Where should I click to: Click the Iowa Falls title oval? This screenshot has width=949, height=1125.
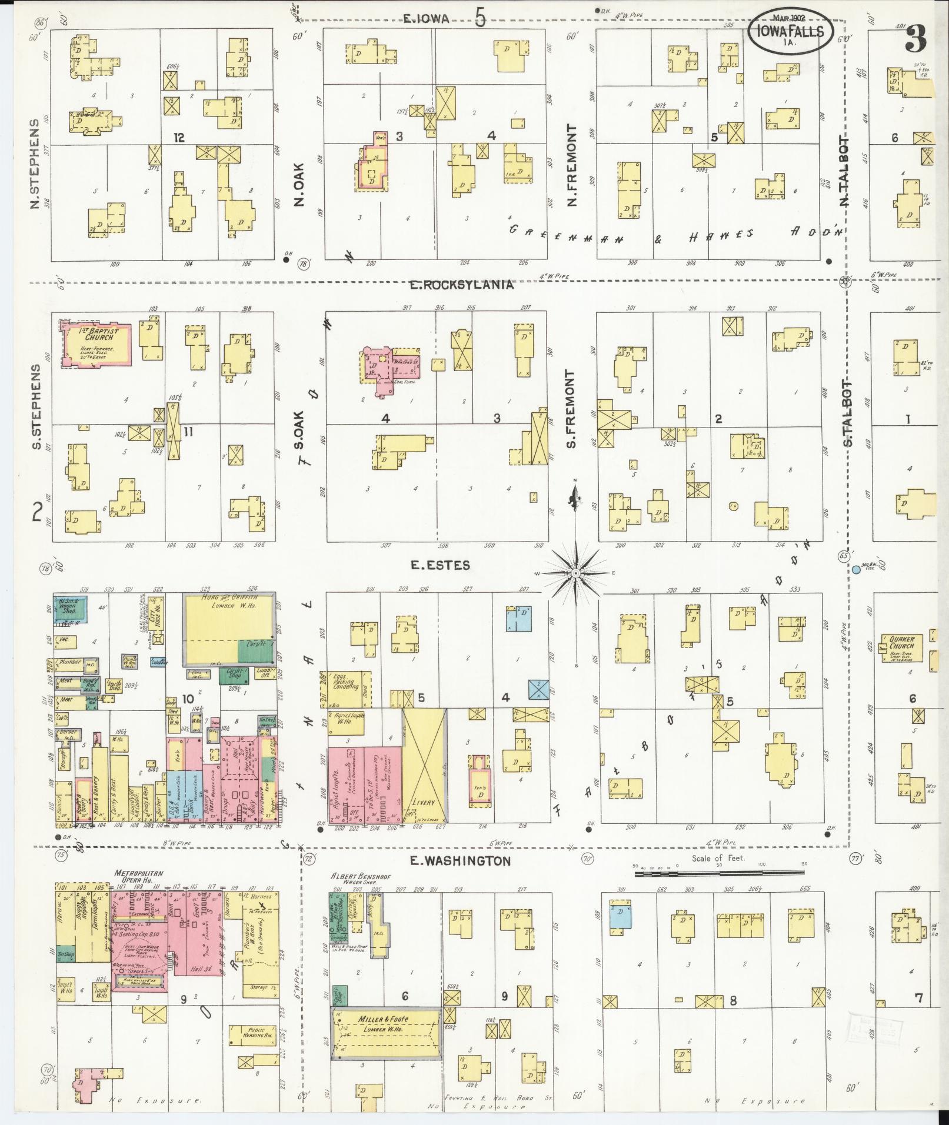(791, 29)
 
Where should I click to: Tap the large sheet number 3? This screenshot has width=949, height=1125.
(916, 39)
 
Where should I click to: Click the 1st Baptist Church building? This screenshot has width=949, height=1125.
(97, 343)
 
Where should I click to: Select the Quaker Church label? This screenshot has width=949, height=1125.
(901, 642)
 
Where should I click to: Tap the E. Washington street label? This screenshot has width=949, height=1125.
(459, 861)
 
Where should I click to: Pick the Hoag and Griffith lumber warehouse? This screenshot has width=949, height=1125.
(229, 629)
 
